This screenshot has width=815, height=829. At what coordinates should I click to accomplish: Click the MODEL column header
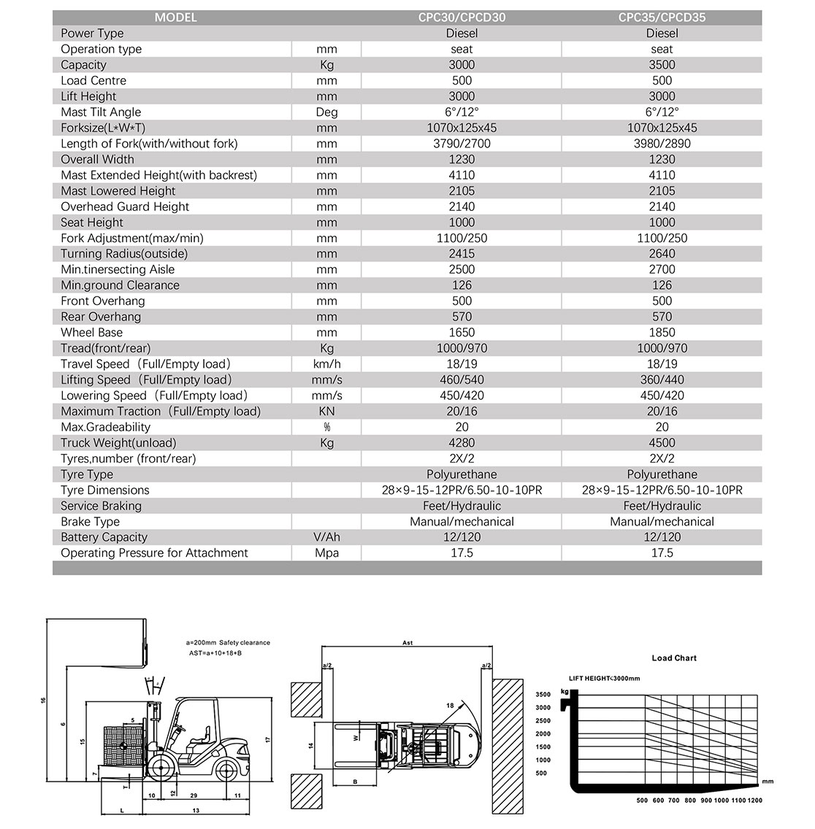175,18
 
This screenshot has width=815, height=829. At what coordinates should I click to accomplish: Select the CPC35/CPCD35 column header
662,18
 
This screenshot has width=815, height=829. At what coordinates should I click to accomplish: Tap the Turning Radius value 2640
662,254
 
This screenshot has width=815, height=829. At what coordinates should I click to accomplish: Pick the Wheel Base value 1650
462,333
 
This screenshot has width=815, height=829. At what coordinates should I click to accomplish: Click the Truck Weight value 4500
662,443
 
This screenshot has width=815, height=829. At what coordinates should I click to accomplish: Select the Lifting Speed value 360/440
662,380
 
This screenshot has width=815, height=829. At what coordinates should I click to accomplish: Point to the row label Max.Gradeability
105,427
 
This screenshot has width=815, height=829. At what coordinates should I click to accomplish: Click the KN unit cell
326,412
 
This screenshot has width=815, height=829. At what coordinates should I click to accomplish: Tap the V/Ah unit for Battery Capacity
326,537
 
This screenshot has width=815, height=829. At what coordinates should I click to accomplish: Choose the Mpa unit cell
326,553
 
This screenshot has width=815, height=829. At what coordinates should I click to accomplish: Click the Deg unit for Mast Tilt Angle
326,112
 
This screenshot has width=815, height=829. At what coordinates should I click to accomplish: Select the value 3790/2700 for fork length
462,144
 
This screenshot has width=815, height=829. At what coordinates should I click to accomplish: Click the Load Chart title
674,658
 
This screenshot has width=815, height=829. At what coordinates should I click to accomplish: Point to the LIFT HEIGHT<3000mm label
604,679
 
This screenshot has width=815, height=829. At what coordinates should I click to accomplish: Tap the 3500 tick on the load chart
542,695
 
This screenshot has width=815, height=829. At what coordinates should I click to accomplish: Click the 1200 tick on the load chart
755,801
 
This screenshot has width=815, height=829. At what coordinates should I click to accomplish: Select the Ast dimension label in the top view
407,643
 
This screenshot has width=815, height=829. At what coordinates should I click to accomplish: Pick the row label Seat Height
92,223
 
